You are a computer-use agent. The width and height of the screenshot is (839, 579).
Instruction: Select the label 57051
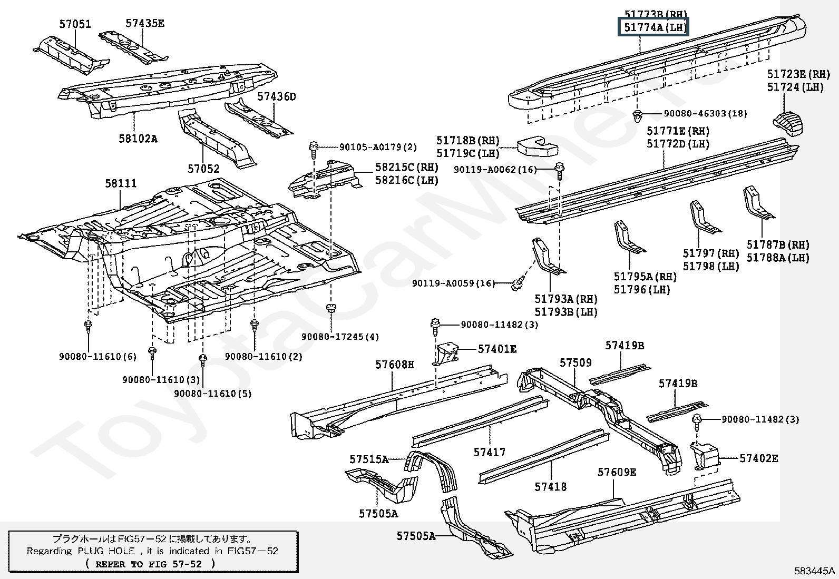tap(75, 24)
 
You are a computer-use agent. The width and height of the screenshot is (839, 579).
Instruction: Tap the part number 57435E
tap(145, 23)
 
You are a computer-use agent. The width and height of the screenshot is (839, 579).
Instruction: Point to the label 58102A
tap(138, 139)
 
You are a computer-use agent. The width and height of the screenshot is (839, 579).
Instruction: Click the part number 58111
tap(121, 183)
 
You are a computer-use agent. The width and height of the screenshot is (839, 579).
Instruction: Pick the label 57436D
tap(277, 97)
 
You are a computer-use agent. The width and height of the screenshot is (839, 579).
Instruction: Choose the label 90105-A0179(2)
tap(370, 148)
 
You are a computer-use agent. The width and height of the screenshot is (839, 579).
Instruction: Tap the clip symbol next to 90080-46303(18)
tap(638, 115)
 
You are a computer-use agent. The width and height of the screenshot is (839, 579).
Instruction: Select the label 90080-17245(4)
tap(340, 337)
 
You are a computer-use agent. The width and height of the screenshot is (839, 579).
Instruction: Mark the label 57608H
tap(395, 365)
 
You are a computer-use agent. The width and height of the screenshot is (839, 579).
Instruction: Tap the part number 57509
tap(575, 363)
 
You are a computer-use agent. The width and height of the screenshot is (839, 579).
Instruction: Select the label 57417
tap(489, 452)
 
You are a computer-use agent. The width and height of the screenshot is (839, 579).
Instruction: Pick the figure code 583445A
tap(815, 571)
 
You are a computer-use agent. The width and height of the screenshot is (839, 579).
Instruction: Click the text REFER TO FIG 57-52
tap(150, 564)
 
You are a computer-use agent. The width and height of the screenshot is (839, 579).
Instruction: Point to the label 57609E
tap(617, 473)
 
